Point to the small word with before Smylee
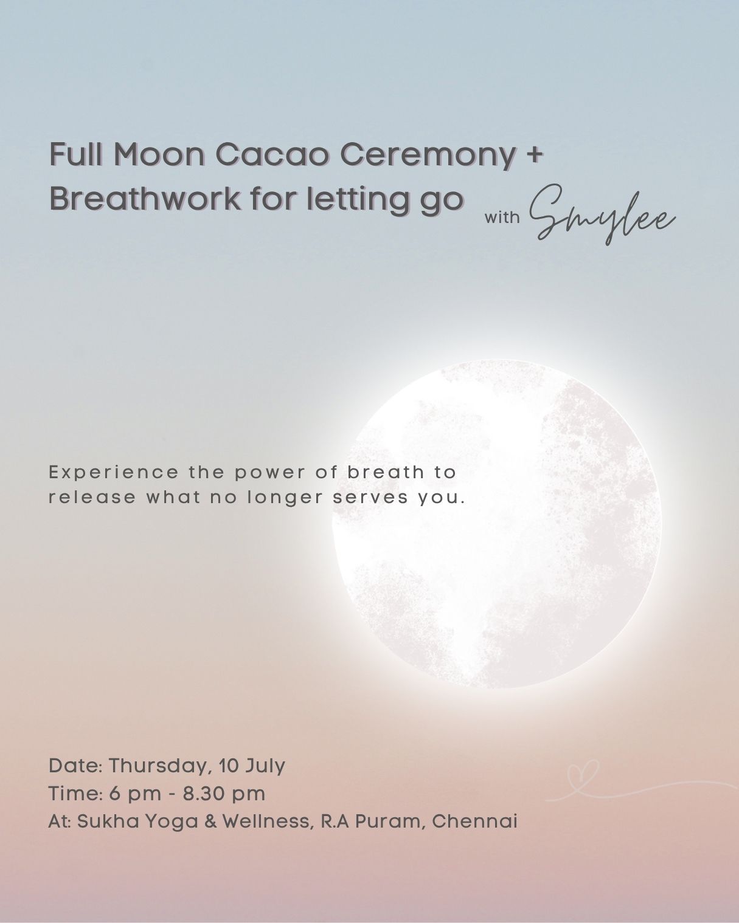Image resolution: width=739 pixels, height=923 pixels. (x=502, y=217)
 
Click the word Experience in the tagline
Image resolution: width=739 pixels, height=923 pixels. (x=113, y=473)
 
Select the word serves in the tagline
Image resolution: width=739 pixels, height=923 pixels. (x=370, y=498)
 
